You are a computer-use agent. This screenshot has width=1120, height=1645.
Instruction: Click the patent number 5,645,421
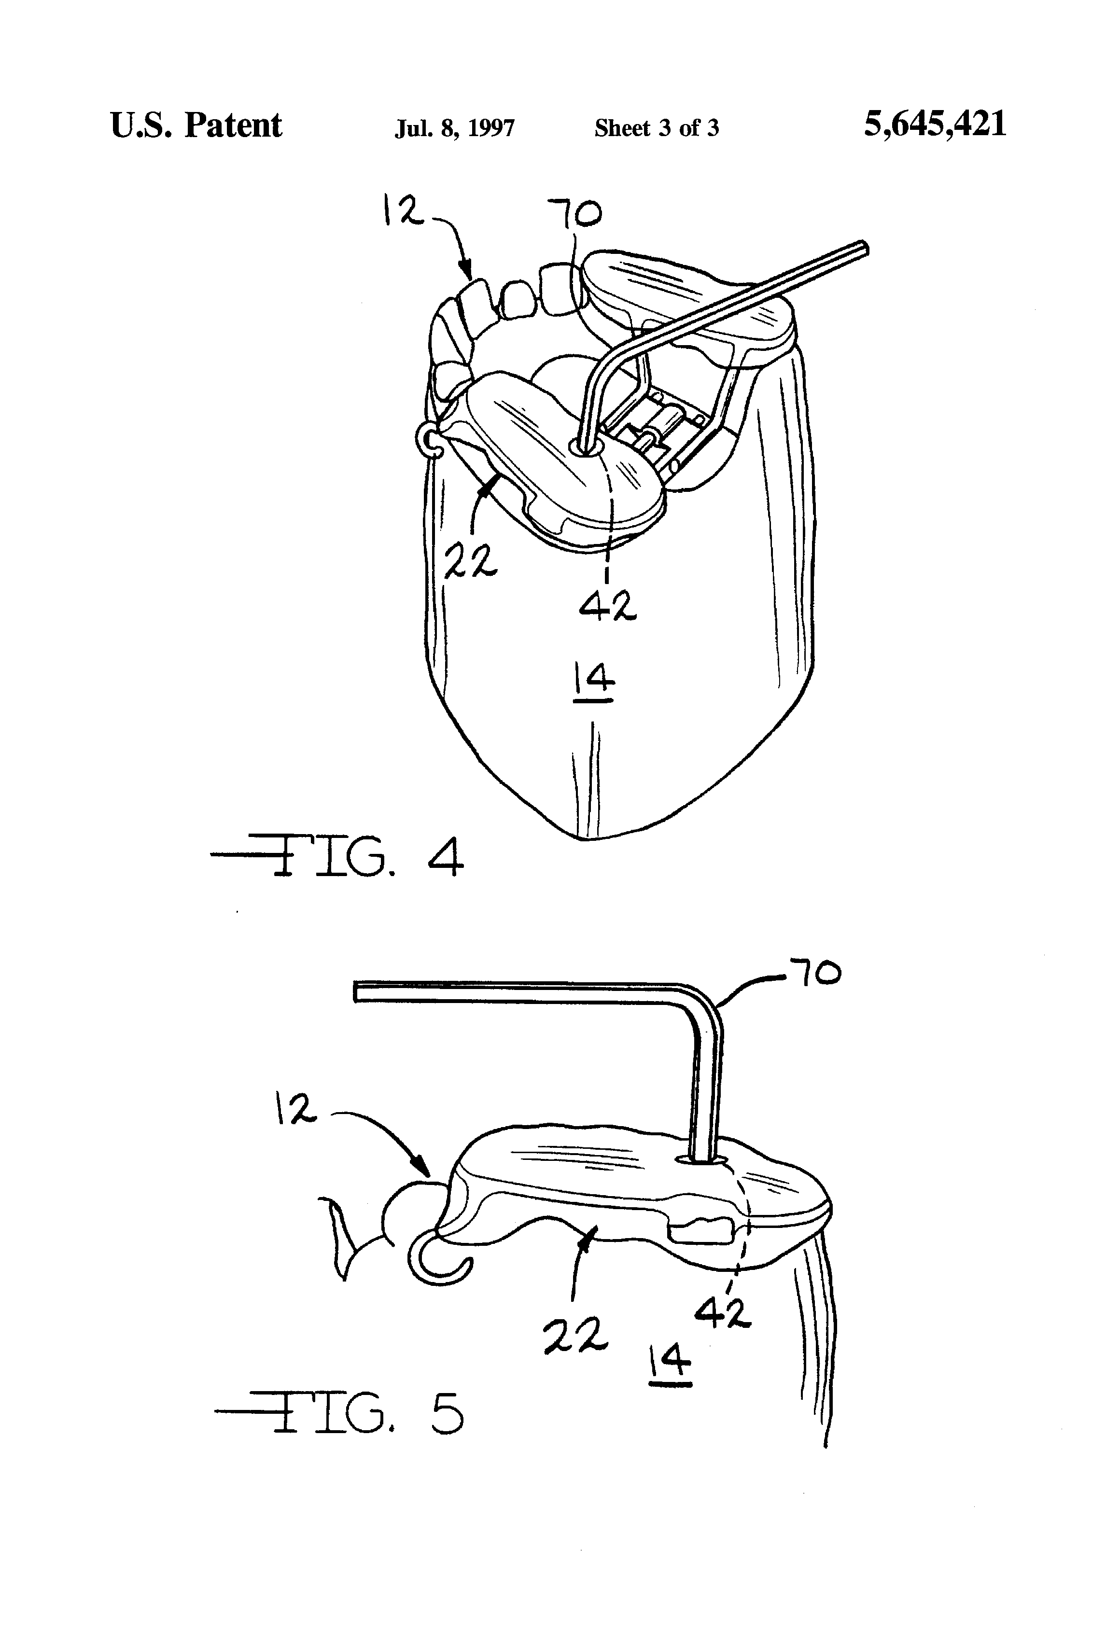[935, 125]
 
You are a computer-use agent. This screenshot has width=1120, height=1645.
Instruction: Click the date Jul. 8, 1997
[454, 128]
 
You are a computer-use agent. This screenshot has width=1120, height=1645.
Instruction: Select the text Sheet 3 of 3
[656, 128]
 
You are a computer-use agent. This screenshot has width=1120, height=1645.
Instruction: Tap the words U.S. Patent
[196, 126]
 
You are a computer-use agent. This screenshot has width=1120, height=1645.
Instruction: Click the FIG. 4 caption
[338, 857]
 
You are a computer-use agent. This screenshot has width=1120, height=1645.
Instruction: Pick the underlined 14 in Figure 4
[593, 681]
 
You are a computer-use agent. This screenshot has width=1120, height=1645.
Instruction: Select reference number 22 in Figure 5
[575, 1335]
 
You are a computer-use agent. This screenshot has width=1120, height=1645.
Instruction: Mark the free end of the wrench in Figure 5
[358, 991]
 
